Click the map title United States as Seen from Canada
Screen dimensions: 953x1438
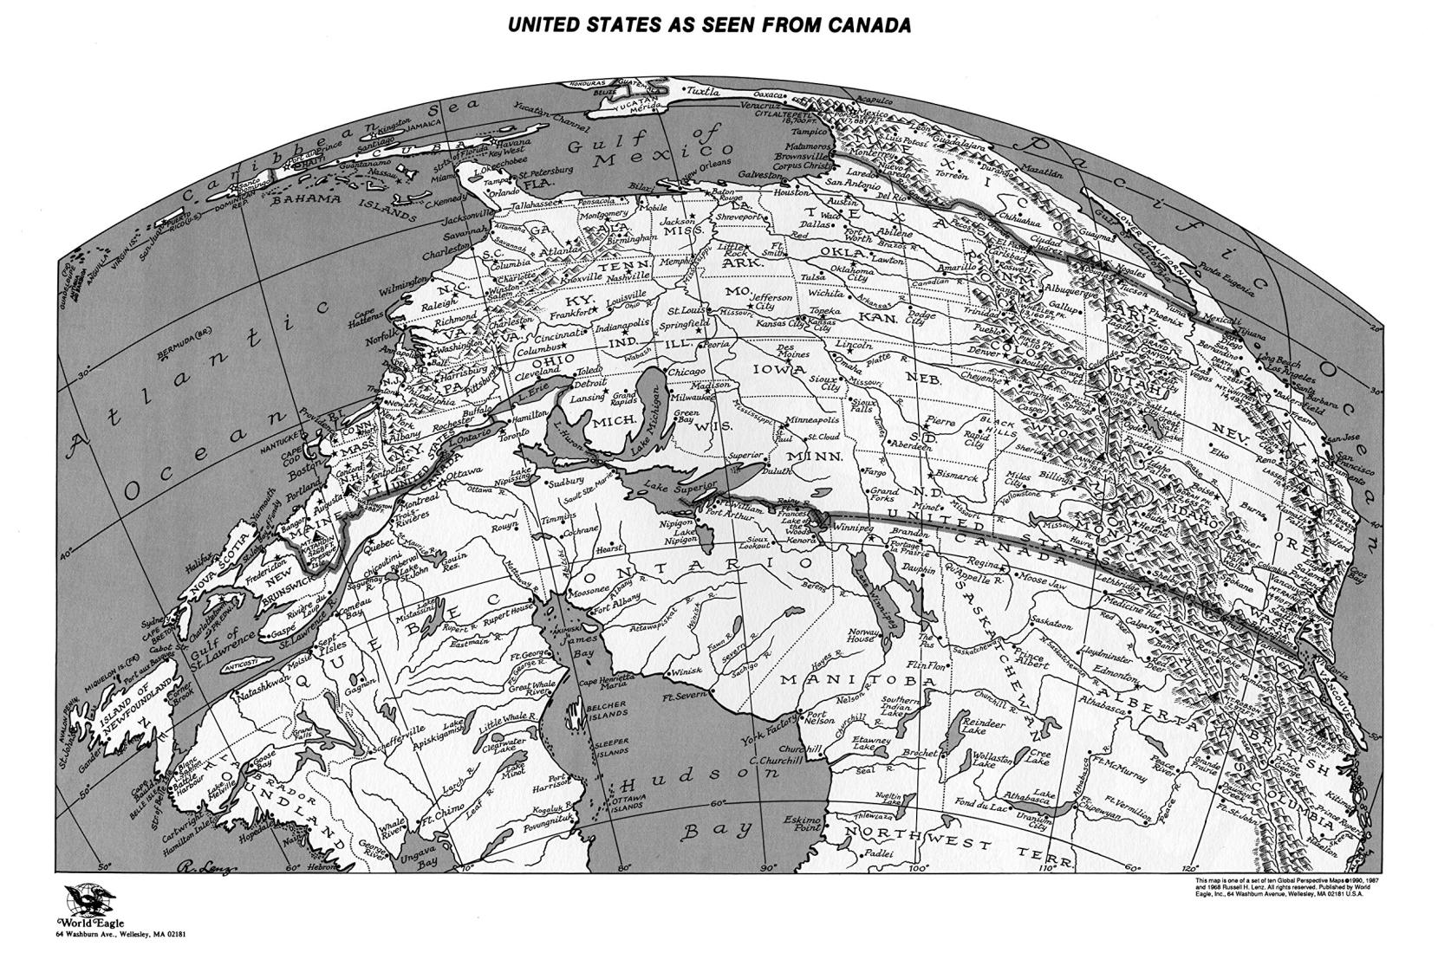(708, 25)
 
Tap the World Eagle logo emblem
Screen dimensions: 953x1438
(86, 904)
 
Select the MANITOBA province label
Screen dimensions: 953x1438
(858, 681)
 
